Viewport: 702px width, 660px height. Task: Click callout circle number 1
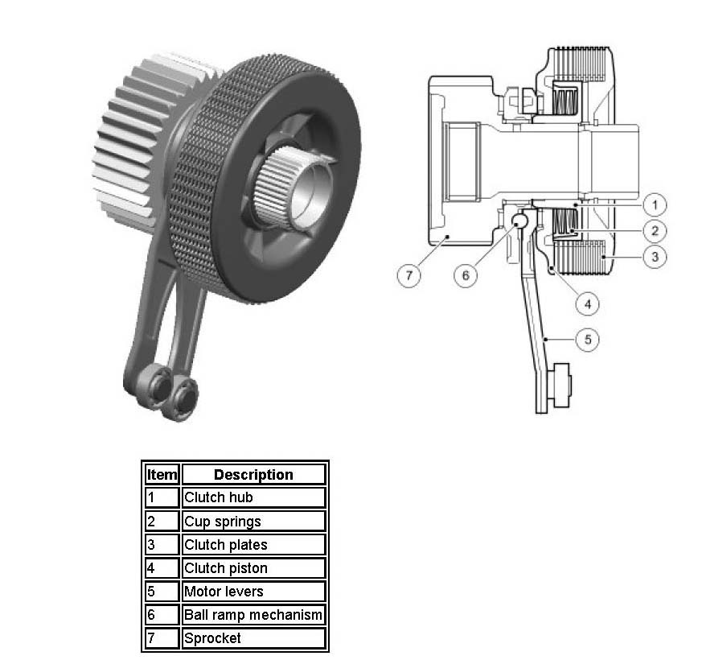[x=655, y=205]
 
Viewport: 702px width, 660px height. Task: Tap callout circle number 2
[x=655, y=231]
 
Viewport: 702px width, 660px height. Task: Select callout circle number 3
[x=655, y=257]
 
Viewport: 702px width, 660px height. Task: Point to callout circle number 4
[x=587, y=305]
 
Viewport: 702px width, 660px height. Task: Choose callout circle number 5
[x=587, y=339]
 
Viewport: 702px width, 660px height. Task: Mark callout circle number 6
[x=465, y=275]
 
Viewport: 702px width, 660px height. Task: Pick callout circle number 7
[x=408, y=275]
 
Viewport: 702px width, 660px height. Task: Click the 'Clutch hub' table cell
[x=253, y=497]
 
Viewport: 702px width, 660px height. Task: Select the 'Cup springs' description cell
[x=253, y=521]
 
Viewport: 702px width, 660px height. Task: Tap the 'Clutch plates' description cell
[x=253, y=544]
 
